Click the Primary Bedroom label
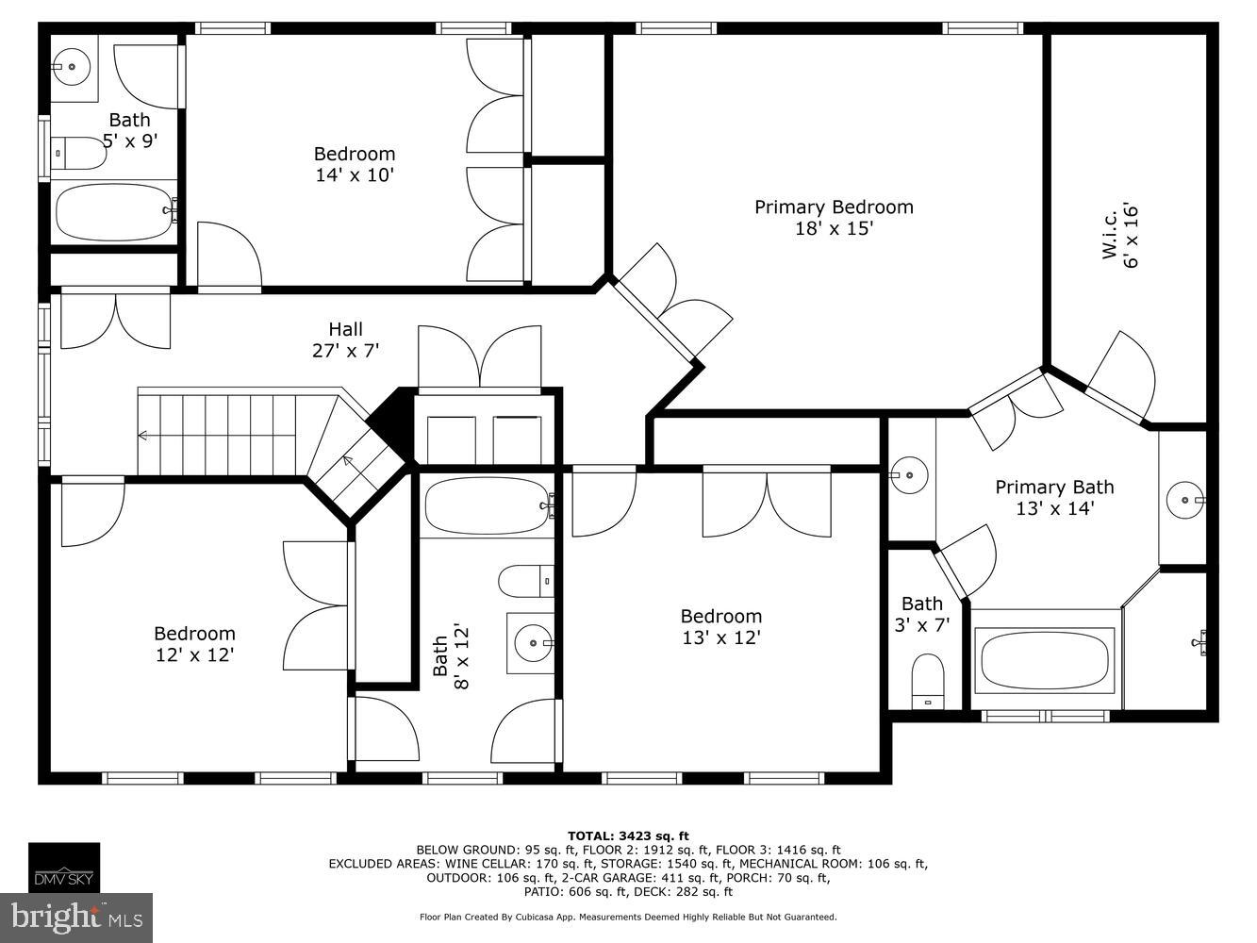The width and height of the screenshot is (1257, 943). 834,207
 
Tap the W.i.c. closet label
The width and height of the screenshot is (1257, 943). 1109,236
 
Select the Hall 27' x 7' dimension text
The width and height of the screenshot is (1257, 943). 345,351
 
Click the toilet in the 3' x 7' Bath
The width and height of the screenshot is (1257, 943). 928,681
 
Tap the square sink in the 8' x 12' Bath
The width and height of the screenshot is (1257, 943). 532,642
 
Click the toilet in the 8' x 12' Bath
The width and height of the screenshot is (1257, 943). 524,582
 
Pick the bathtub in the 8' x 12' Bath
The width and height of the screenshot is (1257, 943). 487,506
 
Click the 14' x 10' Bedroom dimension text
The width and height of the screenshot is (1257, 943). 355,175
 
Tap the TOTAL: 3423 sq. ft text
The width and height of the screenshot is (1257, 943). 628,835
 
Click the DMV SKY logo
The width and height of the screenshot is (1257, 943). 63,867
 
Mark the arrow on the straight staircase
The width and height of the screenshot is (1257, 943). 143,436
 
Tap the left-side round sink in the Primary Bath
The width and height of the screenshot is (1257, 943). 909,474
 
